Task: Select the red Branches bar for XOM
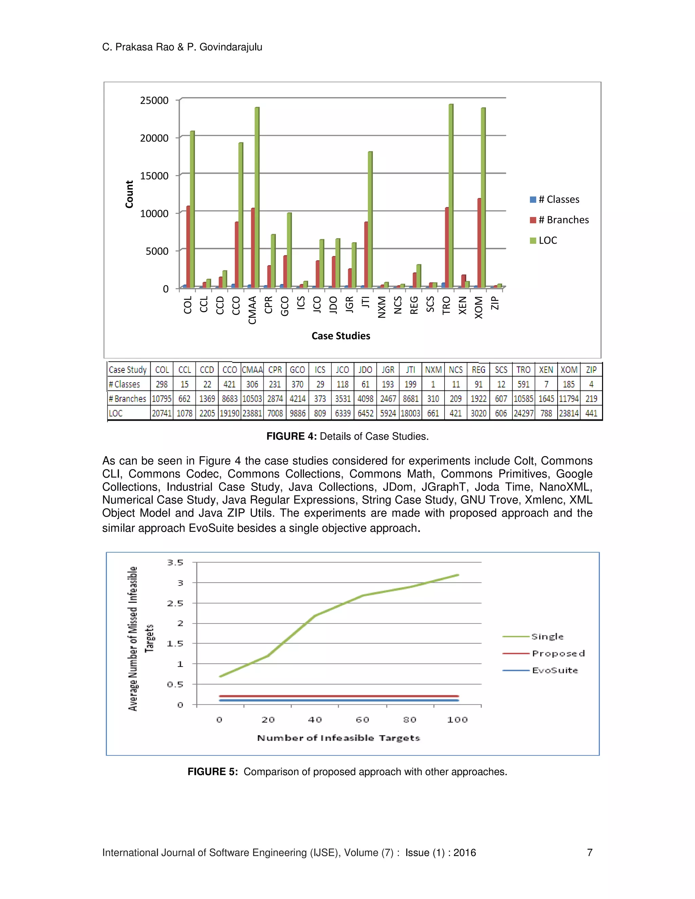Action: pyautogui.click(x=479, y=243)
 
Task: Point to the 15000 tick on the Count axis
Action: pyautogui.click(x=154, y=176)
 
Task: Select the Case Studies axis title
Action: pyautogui.click(x=340, y=336)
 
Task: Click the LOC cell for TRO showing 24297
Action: pyautogui.click(x=523, y=413)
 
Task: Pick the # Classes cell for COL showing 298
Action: pyautogui.click(x=162, y=384)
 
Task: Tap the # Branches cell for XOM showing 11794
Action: pyautogui.click(x=569, y=399)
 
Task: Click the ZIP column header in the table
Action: pyautogui.click(x=591, y=370)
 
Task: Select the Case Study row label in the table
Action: pyautogui.click(x=128, y=370)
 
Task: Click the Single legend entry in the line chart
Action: pyautogui.click(x=547, y=637)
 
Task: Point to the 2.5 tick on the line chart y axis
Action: pyautogui.click(x=175, y=604)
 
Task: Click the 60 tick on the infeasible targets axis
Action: pyautogui.click(x=362, y=720)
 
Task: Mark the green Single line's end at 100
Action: pyautogui.click(x=458, y=575)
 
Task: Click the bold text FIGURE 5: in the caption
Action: pyautogui.click(x=212, y=772)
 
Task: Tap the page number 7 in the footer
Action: pyautogui.click(x=589, y=853)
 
